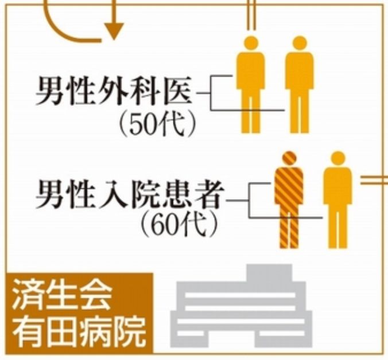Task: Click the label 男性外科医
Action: click(x=115, y=92)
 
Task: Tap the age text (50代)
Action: click(x=156, y=123)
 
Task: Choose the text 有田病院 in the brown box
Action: click(x=78, y=331)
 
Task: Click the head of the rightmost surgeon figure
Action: click(x=300, y=44)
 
